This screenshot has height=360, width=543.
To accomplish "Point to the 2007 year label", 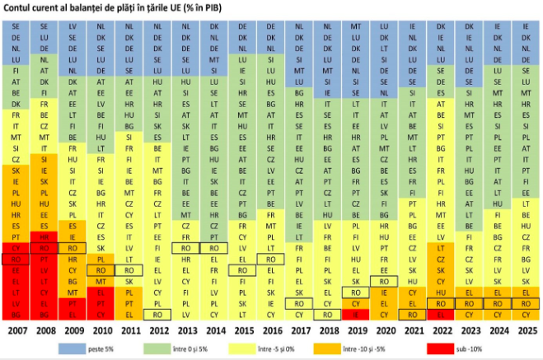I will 16,331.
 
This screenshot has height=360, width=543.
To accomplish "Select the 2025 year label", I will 525,331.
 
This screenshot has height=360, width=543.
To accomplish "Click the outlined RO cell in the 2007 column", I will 16,259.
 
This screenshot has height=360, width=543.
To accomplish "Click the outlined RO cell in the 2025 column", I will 525,303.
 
